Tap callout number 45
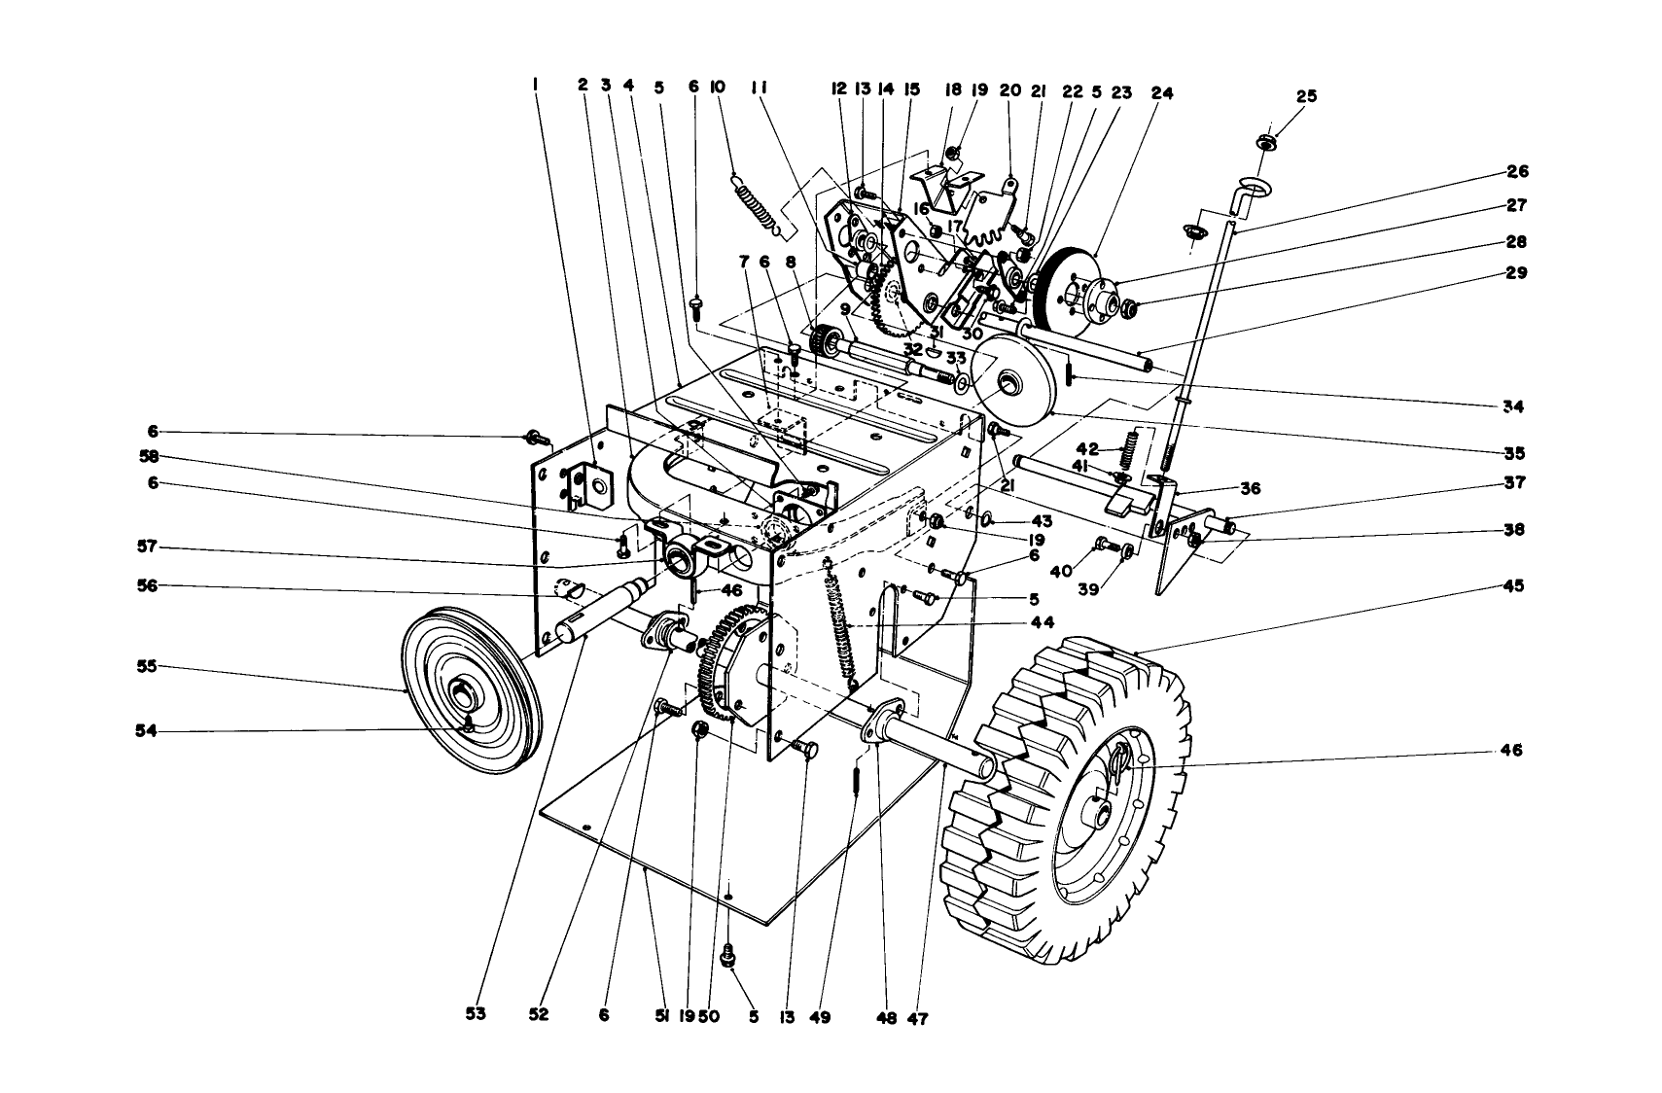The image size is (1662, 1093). (x=1512, y=586)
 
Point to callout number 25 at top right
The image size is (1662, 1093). (x=1306, y=96)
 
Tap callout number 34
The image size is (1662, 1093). (x=1512, y=406)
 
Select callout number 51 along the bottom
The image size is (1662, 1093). (x=662, y=1017)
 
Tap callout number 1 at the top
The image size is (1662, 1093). (x=535, y=86)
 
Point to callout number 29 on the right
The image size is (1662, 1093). (x=1512, y=273)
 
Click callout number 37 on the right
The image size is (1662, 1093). (x=1512, y=483)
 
